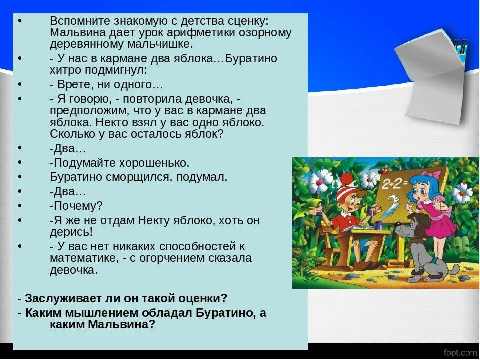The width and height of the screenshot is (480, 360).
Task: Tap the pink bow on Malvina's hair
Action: pyautogui.click(x=436, y=174)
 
